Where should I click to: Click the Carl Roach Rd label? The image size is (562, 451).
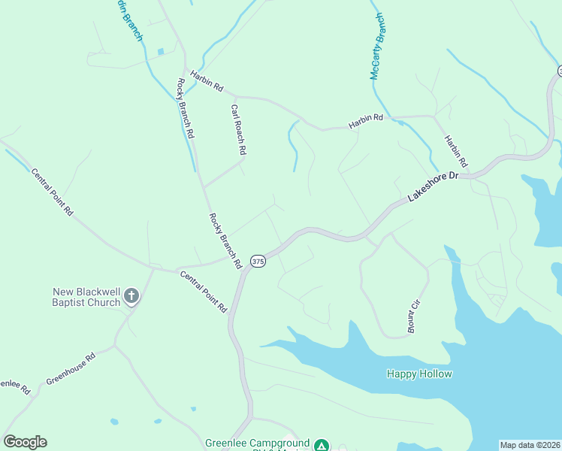pyautogui.click(x=238, y=129)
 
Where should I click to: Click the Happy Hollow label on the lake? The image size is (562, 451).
pyautogui.click(x=419, y=374)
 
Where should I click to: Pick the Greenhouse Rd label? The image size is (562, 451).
pyautogui.click(x=71, y=369)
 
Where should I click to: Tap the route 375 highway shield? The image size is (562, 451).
pyautogui.click(x=258, y=262)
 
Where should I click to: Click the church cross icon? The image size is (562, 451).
pyautogui.click(x=131, y=296)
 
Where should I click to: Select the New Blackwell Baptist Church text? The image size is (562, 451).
pyautogui.click(x=86, y=297)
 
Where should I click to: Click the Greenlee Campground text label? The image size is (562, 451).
pyautogui.click(x=258, y=443)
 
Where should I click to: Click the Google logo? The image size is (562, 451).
pyautogui.click(x=25, y=442)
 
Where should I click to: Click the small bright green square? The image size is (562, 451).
pyautogui.click(x=161, y=51)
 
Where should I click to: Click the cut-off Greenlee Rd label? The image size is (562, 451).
pyautogui.click(x=14, y=386)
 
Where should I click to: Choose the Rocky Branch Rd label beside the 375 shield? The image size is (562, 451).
pyautogui.click(x=225, y=241)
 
